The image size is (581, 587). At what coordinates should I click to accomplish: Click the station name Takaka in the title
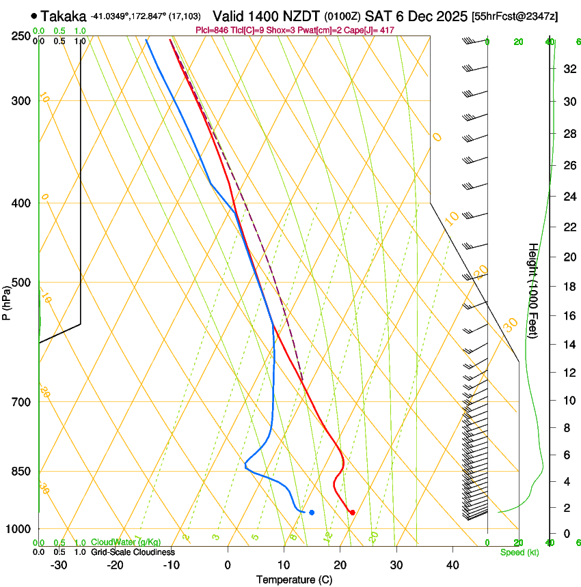[x=63, y=16]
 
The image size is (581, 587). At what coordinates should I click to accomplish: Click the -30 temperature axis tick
[x=59, y=565]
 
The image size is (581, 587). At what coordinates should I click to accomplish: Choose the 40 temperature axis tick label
[x=452, y=565]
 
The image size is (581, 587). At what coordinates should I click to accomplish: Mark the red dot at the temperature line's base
[x=352, y=512]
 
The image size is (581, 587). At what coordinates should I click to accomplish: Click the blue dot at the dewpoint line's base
[x=312, y=512]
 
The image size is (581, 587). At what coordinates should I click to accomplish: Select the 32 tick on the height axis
[x=569, y=69]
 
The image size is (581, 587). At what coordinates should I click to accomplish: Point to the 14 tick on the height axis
[x=569, y=345]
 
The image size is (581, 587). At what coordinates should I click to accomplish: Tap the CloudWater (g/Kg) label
[x=126, y=543]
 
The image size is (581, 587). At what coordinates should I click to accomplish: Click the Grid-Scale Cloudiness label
[x=133, y=552]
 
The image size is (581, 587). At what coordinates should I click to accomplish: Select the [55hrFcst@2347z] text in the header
[x=515, y=16]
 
